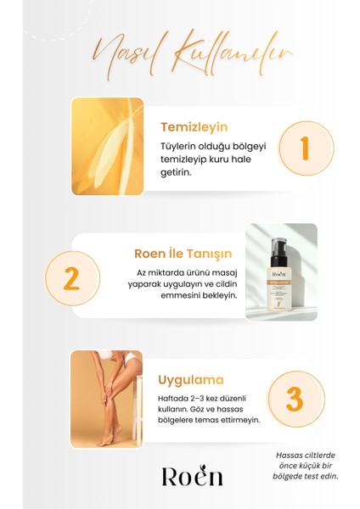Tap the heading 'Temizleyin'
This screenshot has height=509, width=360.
click(194, 127)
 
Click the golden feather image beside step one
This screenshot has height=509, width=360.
click(107, 147)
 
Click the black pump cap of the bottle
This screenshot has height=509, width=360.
click(280, 244)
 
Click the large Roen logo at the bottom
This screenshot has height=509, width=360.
click(191, 476)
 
